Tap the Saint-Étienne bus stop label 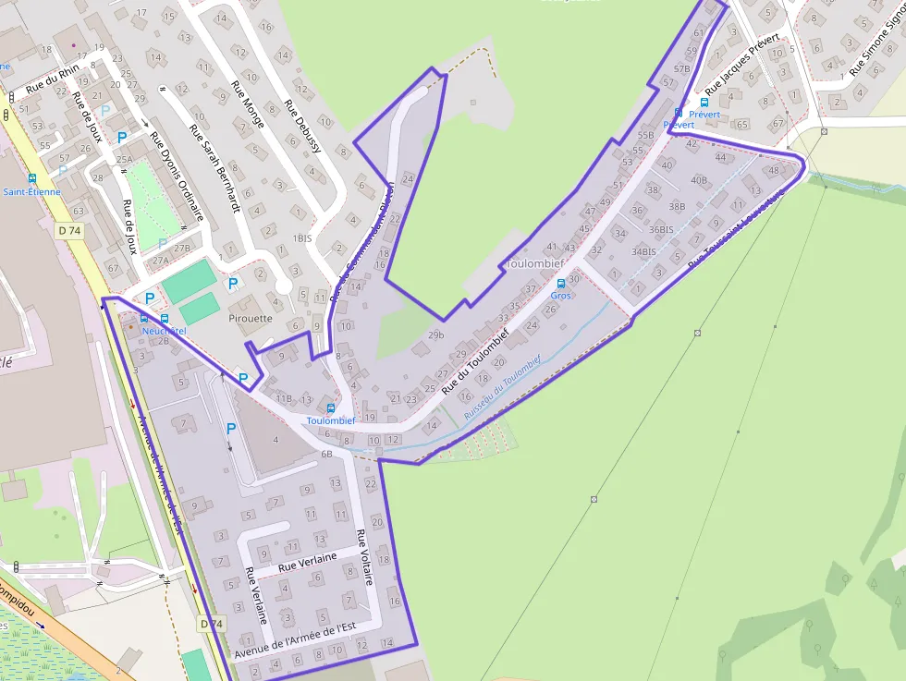coord(31,192)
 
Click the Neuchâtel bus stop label coord(164,331)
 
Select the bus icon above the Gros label coord(561,284)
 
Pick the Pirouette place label coord(250,318)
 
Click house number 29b coord(436,334)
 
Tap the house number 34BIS coord(643,251)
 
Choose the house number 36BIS coord(661,229)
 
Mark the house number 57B coord(682,68)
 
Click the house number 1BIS coord(302,238)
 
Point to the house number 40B coord(699,180)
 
